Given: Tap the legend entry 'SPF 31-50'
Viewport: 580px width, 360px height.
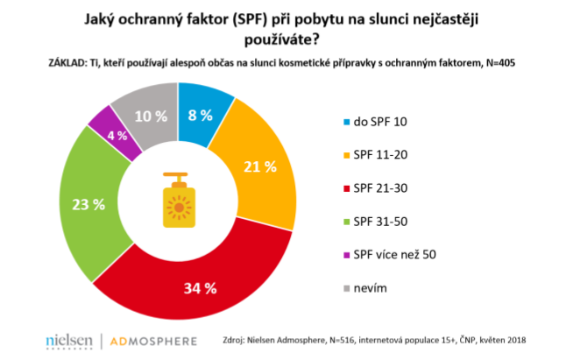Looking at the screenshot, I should point(380,220).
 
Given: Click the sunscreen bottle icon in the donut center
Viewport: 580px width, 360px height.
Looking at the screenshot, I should point(178,207).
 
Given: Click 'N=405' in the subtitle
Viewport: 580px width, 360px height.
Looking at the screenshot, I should point(513,64).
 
